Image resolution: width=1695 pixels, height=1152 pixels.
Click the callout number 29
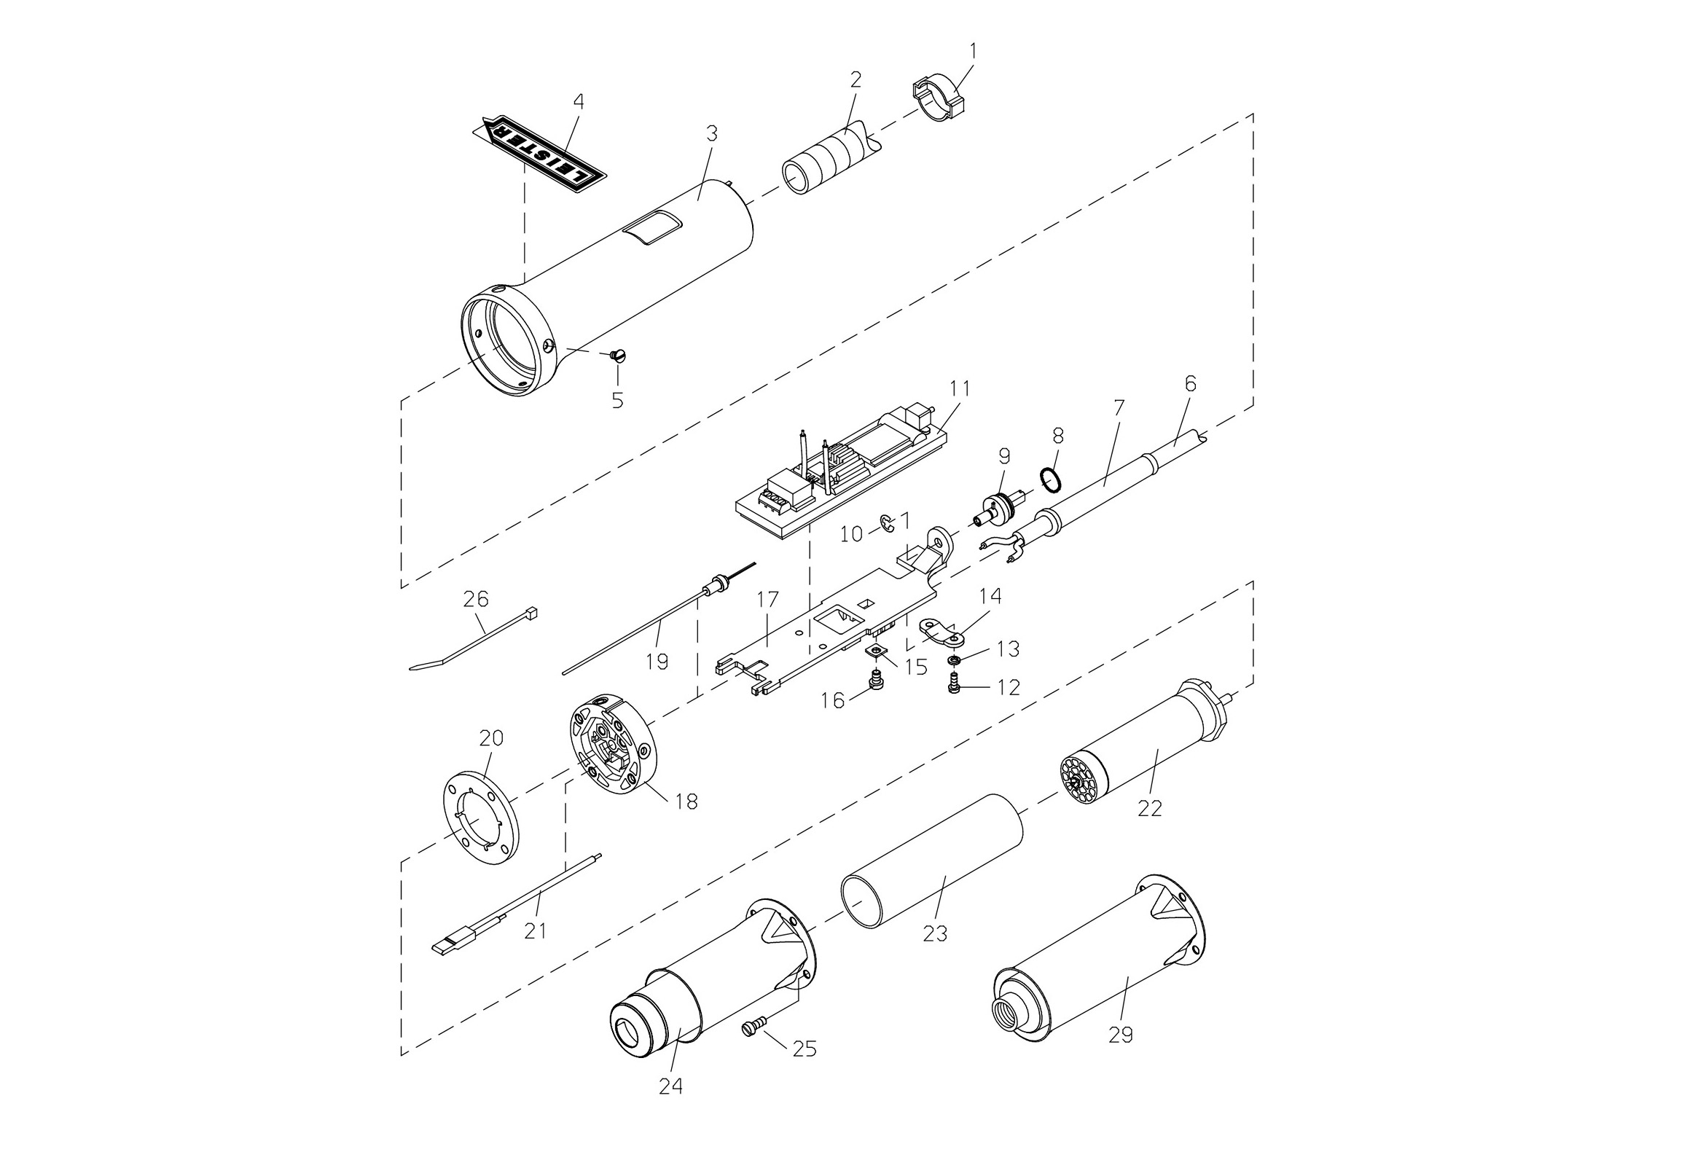[x=1121, y=1034]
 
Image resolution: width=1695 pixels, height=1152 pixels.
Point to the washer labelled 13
[x=954, y=661]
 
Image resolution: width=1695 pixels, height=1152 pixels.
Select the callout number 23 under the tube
[x=935, y=933]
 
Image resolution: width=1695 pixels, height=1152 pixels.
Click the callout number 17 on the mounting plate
[x=768, y=601]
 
